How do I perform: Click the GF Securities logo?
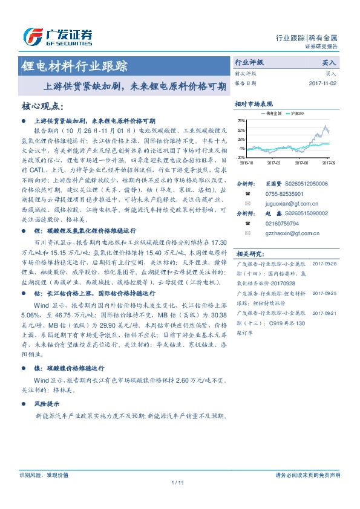point(57,37)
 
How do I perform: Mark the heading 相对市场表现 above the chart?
point(254,103)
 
